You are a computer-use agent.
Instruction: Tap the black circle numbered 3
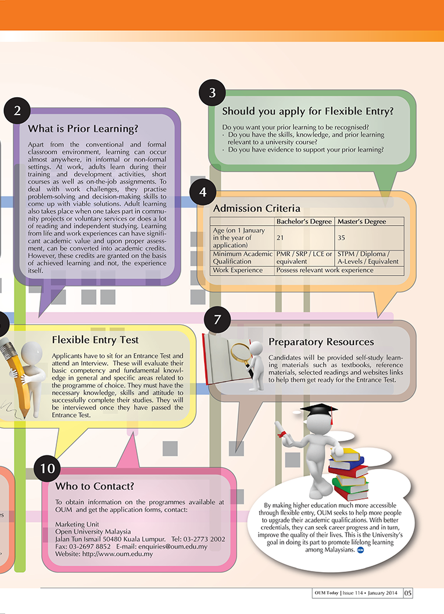tap(213, 93)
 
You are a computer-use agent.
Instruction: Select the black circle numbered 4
tap(203, 192)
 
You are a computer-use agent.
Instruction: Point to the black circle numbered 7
tap(217, 320)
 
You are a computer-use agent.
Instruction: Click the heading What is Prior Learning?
tap(83, 128)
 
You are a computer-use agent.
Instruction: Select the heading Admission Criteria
tap(257, 208)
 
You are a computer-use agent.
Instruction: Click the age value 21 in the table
tap(280, 237)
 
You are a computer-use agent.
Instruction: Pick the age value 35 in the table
tap(342, 237)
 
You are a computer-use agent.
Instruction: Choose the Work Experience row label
tap(238, 270)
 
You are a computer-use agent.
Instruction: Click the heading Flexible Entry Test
tap(95, 340)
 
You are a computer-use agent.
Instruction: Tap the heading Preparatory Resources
tap(321, 341)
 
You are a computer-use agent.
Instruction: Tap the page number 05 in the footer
tap(407, 593)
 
